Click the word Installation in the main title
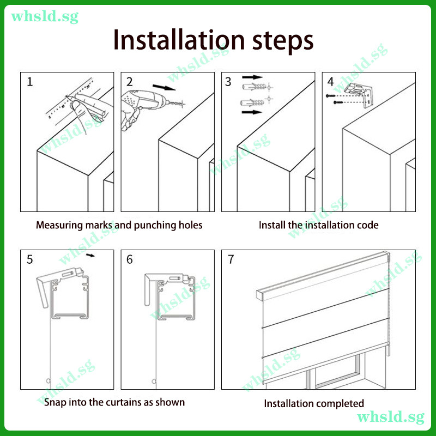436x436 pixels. [179, 40]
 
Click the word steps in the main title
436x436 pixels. [283, 42]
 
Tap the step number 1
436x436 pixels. [30, 82]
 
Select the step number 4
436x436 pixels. [330, 82]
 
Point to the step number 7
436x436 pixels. [231, 259]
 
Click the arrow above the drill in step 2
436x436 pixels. [164, 87]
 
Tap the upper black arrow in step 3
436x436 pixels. [252, 77]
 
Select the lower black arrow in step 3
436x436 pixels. [252, 112]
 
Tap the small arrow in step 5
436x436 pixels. [90, 255]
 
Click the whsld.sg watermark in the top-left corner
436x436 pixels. [45, 17]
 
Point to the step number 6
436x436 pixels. [130, 259]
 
